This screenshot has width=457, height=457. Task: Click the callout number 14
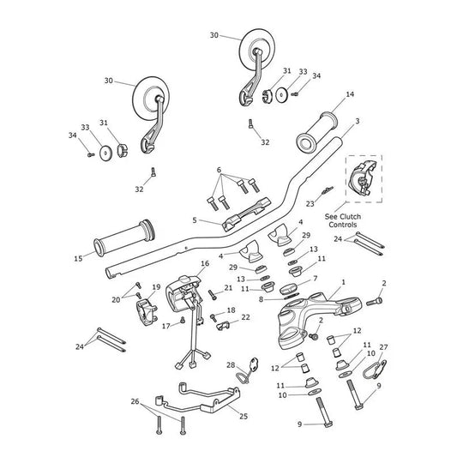350,94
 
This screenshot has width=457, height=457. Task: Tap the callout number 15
78,259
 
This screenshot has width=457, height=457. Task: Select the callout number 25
244,416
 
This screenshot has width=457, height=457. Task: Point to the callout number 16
205,263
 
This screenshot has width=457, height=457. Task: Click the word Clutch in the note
351,217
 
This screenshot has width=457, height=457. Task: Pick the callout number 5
195,220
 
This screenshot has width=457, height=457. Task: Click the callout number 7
315,279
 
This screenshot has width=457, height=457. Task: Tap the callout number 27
383,347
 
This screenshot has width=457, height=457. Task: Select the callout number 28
231,365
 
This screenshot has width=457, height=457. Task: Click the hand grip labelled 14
317,131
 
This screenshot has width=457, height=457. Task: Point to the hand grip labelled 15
124,238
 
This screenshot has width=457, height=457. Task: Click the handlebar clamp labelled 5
247,213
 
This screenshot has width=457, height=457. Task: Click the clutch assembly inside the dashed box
362,178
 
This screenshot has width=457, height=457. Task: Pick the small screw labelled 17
183,320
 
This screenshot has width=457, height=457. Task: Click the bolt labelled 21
212,295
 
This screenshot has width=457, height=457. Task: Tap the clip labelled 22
223,325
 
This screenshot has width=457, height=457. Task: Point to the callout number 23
310,204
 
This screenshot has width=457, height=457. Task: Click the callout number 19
156,287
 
